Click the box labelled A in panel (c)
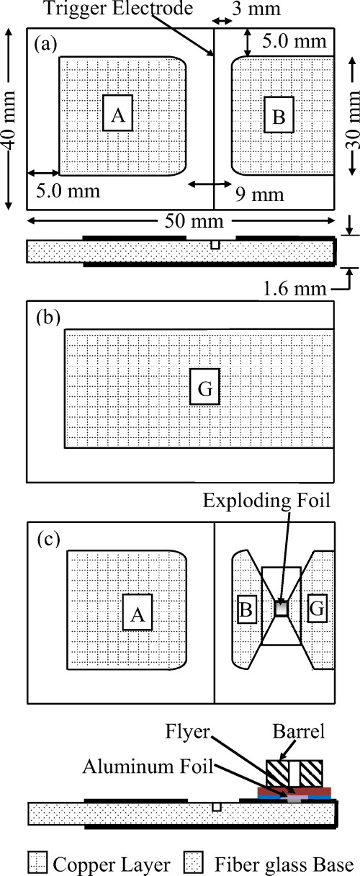pyautogui.click(x=138, y=613)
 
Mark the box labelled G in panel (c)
pyautogui.click(x=318, y=609)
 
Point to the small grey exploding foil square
pyautogui.click(x=282, y=609)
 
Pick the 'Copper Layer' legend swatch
pyautogui.click(x=37, y=862)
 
